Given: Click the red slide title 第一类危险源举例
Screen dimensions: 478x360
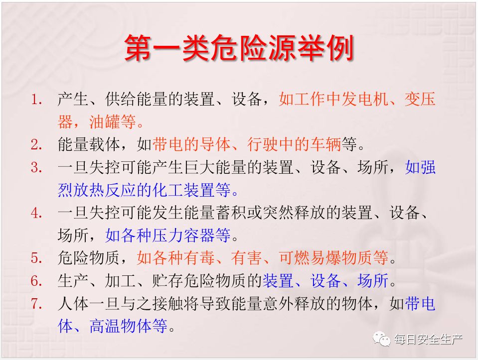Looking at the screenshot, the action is [239, 48].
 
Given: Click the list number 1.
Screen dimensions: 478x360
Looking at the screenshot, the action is [36, 100].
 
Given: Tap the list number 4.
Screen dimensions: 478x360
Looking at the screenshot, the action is [36, 213].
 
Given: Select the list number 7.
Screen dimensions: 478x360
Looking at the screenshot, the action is [36, 304].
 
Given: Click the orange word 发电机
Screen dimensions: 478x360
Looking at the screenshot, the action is [364, 99].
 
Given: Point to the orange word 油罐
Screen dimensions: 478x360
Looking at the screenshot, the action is [105, 122].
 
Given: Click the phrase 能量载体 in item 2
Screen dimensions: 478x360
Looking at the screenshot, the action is [89, 144].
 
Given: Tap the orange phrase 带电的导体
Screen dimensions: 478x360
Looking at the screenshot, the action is [191, 144].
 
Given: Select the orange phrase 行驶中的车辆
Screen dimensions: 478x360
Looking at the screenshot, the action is [294, 144].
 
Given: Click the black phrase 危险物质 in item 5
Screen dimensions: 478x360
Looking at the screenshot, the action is [89, 257].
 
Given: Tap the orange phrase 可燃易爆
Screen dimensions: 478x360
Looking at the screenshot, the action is [310, 257].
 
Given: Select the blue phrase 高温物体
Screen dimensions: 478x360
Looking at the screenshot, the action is [121, 326].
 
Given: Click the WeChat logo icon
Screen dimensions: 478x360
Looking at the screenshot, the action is [382, 339].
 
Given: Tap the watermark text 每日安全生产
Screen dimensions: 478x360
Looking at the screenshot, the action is [428, 339].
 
